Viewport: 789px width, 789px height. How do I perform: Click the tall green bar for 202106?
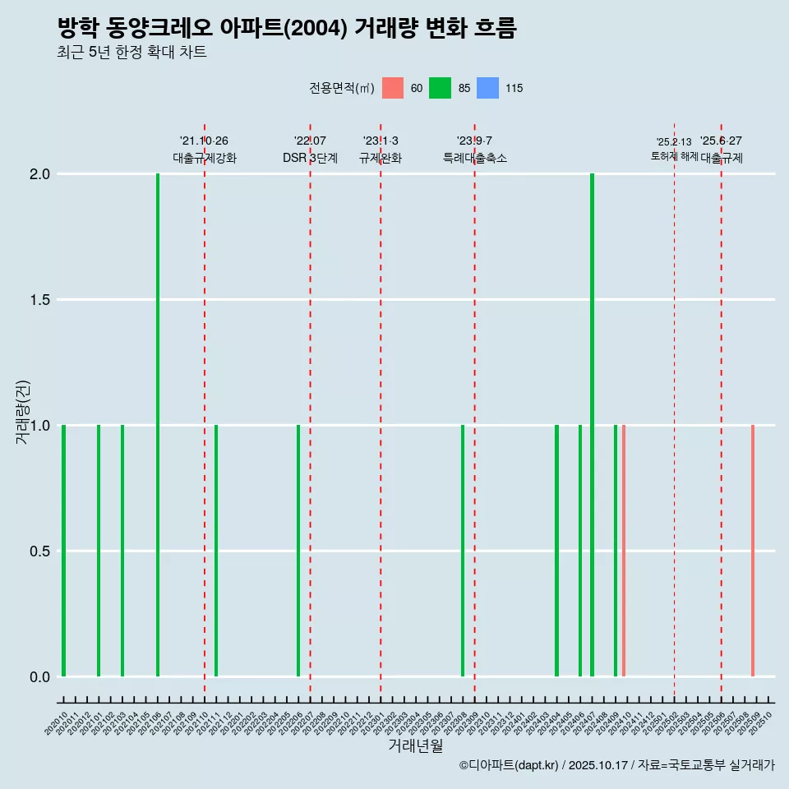(158, 425)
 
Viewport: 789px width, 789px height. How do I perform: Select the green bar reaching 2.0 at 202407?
(592, 425)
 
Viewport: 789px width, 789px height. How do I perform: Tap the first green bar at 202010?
(63, 551)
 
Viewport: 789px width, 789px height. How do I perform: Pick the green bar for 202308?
(463, 551)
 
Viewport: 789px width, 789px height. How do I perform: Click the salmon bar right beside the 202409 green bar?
(624, 551)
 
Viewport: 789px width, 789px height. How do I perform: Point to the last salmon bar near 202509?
(753, 551)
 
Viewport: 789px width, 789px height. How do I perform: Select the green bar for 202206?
(298, 551)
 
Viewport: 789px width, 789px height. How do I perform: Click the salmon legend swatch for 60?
(393, 88)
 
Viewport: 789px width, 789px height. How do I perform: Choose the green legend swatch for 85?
(441, 88)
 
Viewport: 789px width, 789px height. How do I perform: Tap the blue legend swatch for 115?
(488, 88)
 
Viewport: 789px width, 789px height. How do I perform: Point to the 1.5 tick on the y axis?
(40, 300)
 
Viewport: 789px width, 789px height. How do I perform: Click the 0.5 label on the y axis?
(40, 551)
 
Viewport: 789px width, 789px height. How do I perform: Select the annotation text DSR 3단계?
(310, 159)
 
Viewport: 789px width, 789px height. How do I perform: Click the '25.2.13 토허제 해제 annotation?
(674, 149)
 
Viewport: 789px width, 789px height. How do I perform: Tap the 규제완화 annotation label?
(381, 159)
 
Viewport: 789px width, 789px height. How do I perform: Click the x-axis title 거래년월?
(415, 746)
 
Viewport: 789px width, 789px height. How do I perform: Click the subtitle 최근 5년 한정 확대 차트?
(131, 53)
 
